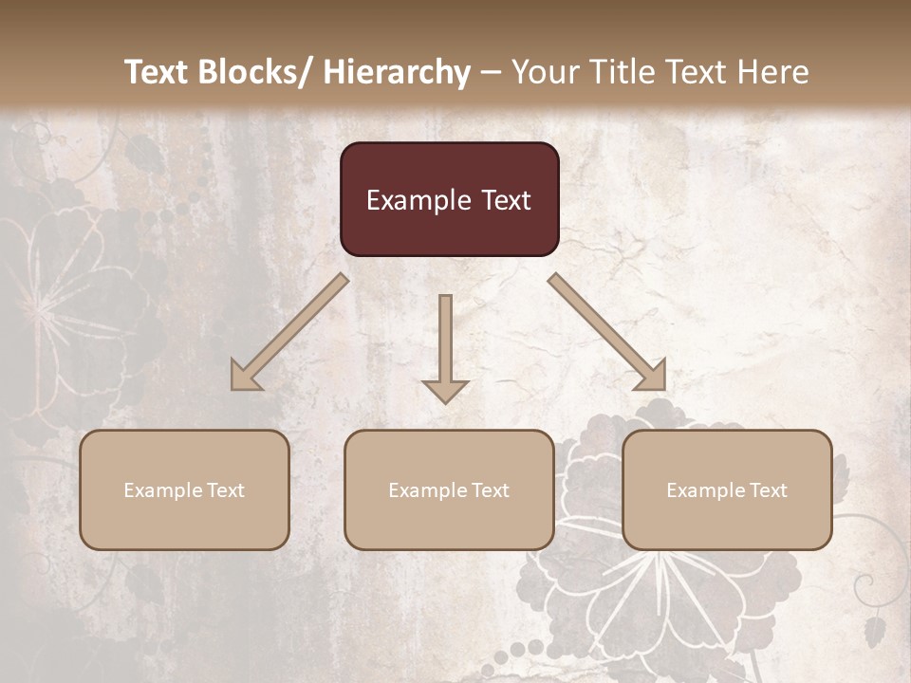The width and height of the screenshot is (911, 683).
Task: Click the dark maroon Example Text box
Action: [449, 199]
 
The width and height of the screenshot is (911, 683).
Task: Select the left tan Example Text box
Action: [184, 489]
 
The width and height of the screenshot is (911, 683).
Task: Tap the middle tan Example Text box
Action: [449, 489]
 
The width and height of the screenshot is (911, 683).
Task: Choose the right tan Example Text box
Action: [727, 489]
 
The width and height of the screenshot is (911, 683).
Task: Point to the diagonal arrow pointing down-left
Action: [289, 332]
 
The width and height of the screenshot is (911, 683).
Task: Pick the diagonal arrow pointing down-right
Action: [607, 332]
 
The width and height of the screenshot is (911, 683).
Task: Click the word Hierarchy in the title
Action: [396, 72]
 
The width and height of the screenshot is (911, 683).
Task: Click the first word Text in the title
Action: [158, 72]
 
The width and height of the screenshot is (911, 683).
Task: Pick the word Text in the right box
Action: [768, 490]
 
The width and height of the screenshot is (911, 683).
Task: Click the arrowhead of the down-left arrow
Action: [245, 377]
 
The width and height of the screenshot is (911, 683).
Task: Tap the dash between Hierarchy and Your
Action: [491, 72]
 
